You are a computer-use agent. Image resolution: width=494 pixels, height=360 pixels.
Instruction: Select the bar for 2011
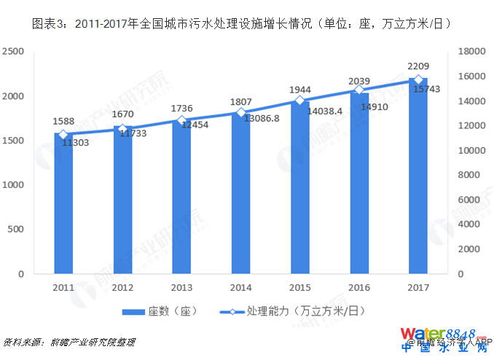[63, 203]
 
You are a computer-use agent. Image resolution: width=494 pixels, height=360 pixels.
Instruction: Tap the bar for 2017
[418, 176]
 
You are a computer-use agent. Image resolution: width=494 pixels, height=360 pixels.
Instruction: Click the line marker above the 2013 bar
[181, 120]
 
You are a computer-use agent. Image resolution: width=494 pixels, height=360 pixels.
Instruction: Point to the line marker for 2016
[358, 90]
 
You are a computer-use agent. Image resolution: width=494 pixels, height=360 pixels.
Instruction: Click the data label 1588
[63, 121]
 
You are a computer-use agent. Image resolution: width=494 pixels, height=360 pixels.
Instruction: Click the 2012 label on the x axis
[122, 287]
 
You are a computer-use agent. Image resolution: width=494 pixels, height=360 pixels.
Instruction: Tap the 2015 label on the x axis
[299, 287]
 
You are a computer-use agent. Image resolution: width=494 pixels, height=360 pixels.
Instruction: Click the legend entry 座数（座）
[161, 311]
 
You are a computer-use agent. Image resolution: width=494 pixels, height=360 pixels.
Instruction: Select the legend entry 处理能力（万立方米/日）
[291, 311]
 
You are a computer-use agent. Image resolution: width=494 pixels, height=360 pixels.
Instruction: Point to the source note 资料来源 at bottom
[69, 342]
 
